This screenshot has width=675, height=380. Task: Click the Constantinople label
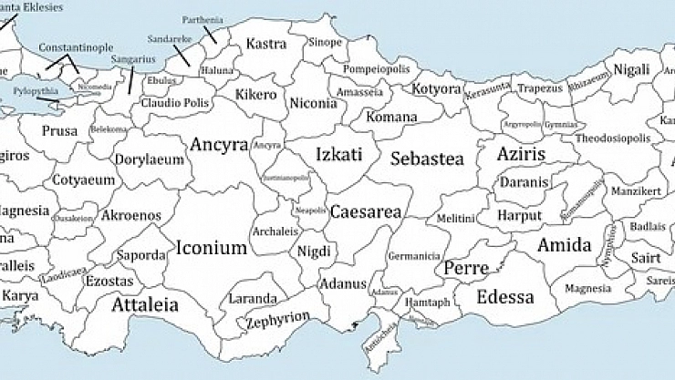click(x=77, y=47)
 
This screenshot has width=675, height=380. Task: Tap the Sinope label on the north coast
click(x=324, y=42)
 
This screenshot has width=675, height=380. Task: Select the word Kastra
click(x=266, y=43)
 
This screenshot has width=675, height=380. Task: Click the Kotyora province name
click(x=437, y=88)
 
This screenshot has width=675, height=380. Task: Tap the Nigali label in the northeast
click(x=632, y=69)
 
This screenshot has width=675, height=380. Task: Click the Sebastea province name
click(x=427, y=159)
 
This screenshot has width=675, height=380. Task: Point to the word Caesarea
click(x=365, y=211)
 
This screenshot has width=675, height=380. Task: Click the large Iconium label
click(x=212, y=247)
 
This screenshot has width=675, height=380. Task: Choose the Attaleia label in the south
click(x=145, y=305)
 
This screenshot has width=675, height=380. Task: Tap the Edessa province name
click(x=504, y=297)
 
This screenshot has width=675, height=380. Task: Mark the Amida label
click(x=564, y=244)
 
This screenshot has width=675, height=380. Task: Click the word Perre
click(x=465, y=269)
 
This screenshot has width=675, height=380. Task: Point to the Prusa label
click(x=60, y=131)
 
